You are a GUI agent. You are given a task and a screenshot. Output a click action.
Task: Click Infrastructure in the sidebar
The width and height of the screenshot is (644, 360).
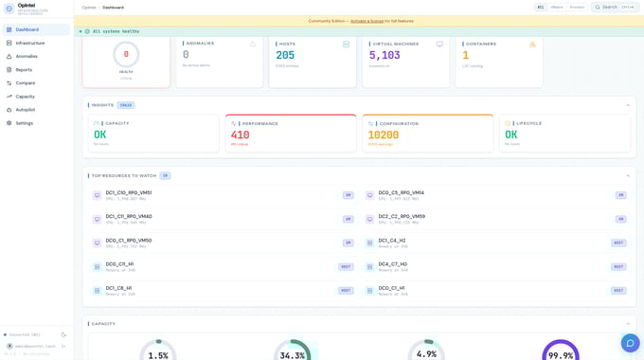click(29, 43)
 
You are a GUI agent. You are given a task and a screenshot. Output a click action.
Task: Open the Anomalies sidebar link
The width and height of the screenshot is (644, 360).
click(27, 56)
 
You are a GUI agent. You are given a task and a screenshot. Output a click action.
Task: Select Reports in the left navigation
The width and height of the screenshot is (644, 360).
click(24, 69)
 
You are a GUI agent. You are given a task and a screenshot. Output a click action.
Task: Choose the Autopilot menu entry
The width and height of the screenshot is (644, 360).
click(25, 110)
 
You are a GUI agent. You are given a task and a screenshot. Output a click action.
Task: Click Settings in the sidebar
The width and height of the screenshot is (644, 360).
click(24, 123)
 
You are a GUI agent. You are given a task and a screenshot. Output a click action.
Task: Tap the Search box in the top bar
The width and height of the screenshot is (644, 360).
click(615, 7)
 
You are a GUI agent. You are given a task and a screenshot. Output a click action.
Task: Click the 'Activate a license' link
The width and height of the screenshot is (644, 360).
click(367, 21)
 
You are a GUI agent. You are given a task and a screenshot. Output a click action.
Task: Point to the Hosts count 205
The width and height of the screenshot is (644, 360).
click(285, 56)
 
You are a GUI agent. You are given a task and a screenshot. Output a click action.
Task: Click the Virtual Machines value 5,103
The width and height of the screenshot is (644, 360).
click(385, 56)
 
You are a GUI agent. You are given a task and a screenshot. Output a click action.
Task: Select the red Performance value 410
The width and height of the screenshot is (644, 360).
click(241, 135)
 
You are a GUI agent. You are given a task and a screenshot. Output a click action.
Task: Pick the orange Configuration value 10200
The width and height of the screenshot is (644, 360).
click(384, 135)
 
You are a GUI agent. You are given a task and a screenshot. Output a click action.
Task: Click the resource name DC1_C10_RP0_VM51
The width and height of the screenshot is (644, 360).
click(129, 192)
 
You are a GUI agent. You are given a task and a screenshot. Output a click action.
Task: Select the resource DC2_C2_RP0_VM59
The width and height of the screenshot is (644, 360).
click(402, 216)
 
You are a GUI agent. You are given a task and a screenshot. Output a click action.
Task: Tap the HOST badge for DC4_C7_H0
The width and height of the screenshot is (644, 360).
click(618, 266)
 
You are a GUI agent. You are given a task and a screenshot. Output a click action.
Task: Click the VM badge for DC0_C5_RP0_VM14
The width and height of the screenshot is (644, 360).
click(621, 195)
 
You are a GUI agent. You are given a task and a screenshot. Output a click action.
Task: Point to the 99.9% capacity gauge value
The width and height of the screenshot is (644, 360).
click(561, 354)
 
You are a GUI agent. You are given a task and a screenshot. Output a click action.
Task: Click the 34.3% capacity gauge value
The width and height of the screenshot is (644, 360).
click(293, 354)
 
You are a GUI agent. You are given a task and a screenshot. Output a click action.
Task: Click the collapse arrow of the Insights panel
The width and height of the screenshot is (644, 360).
click(627, 105)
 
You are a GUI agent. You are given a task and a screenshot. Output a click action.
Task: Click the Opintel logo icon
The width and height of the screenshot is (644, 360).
click(9, 8)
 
